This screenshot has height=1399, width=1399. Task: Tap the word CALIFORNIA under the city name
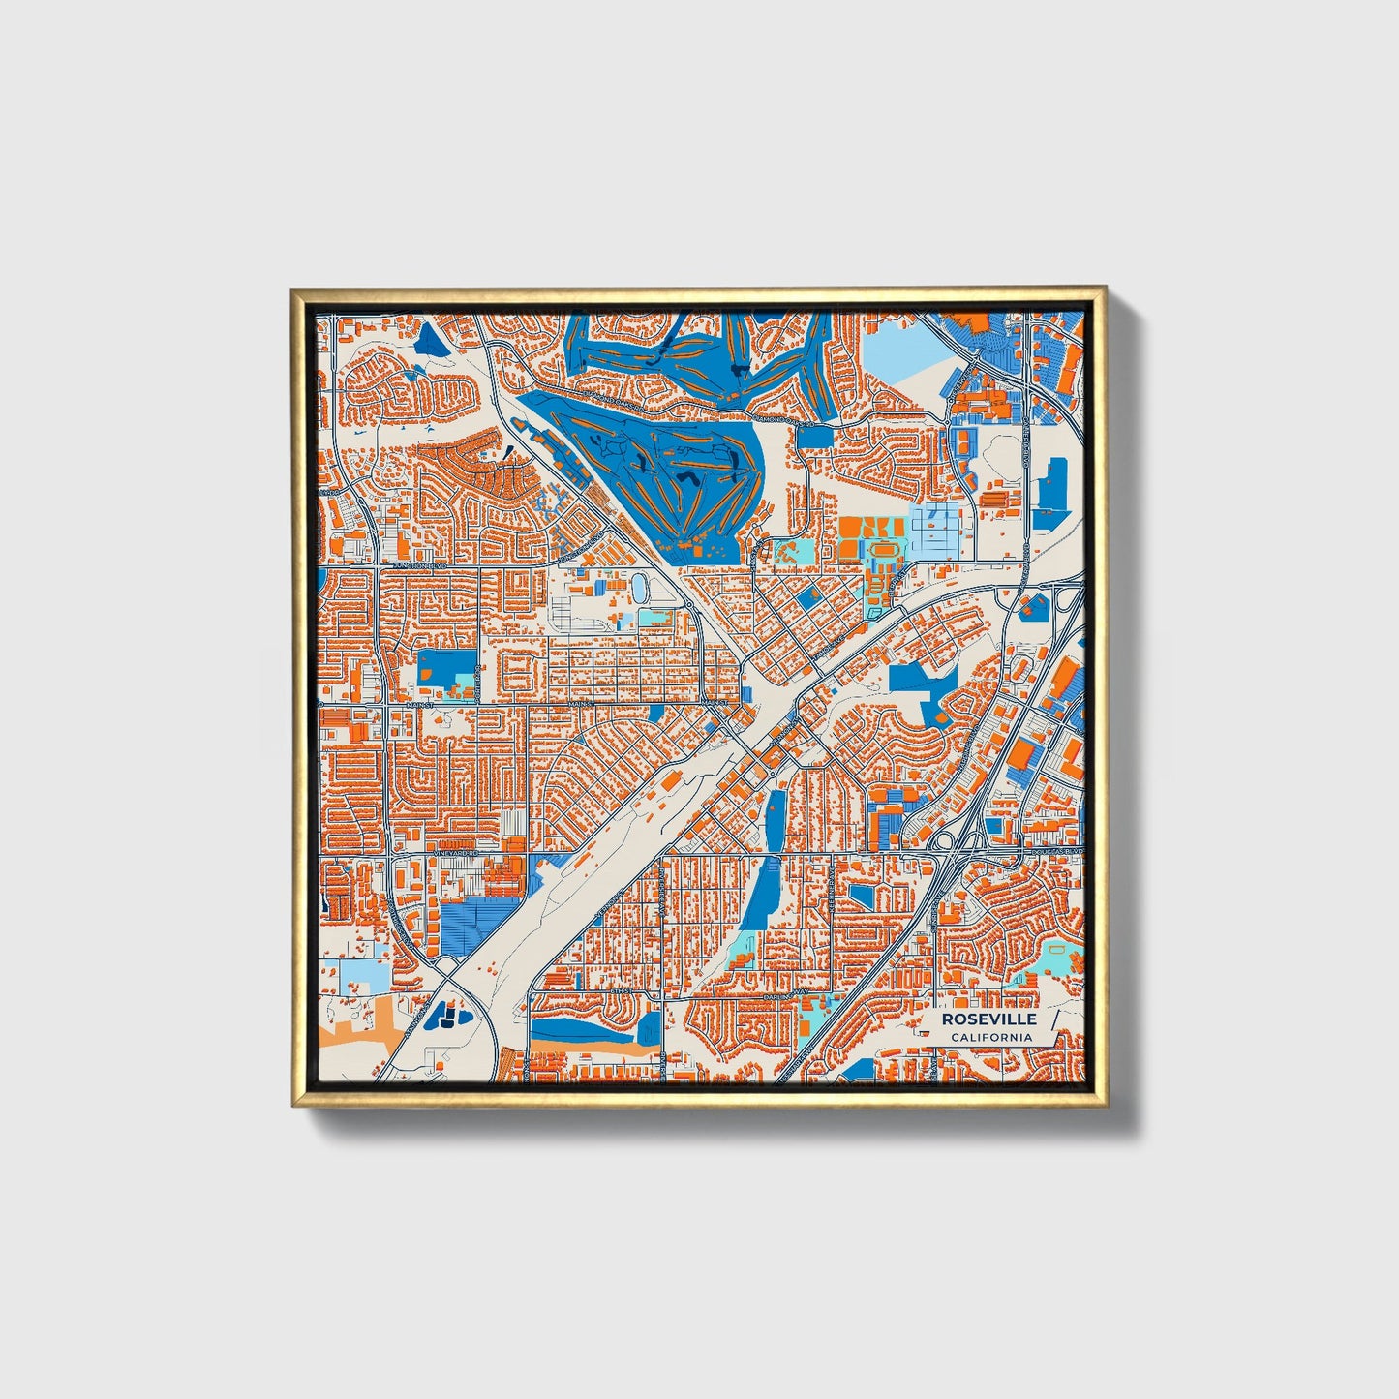[x=990, y=1037]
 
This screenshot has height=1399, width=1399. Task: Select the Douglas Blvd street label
[x=1053, y=851]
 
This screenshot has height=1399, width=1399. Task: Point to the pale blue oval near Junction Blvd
[x=640, y=586]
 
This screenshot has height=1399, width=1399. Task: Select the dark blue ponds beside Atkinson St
[x=447, y=1015]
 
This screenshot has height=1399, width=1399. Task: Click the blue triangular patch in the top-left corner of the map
[x=426, y=336]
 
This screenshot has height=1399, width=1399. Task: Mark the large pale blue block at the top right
[x=896, y=354]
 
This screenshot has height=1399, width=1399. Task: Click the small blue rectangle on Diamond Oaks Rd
[x=815, y=437]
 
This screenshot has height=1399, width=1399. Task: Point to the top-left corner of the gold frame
[x=293, y=289]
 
